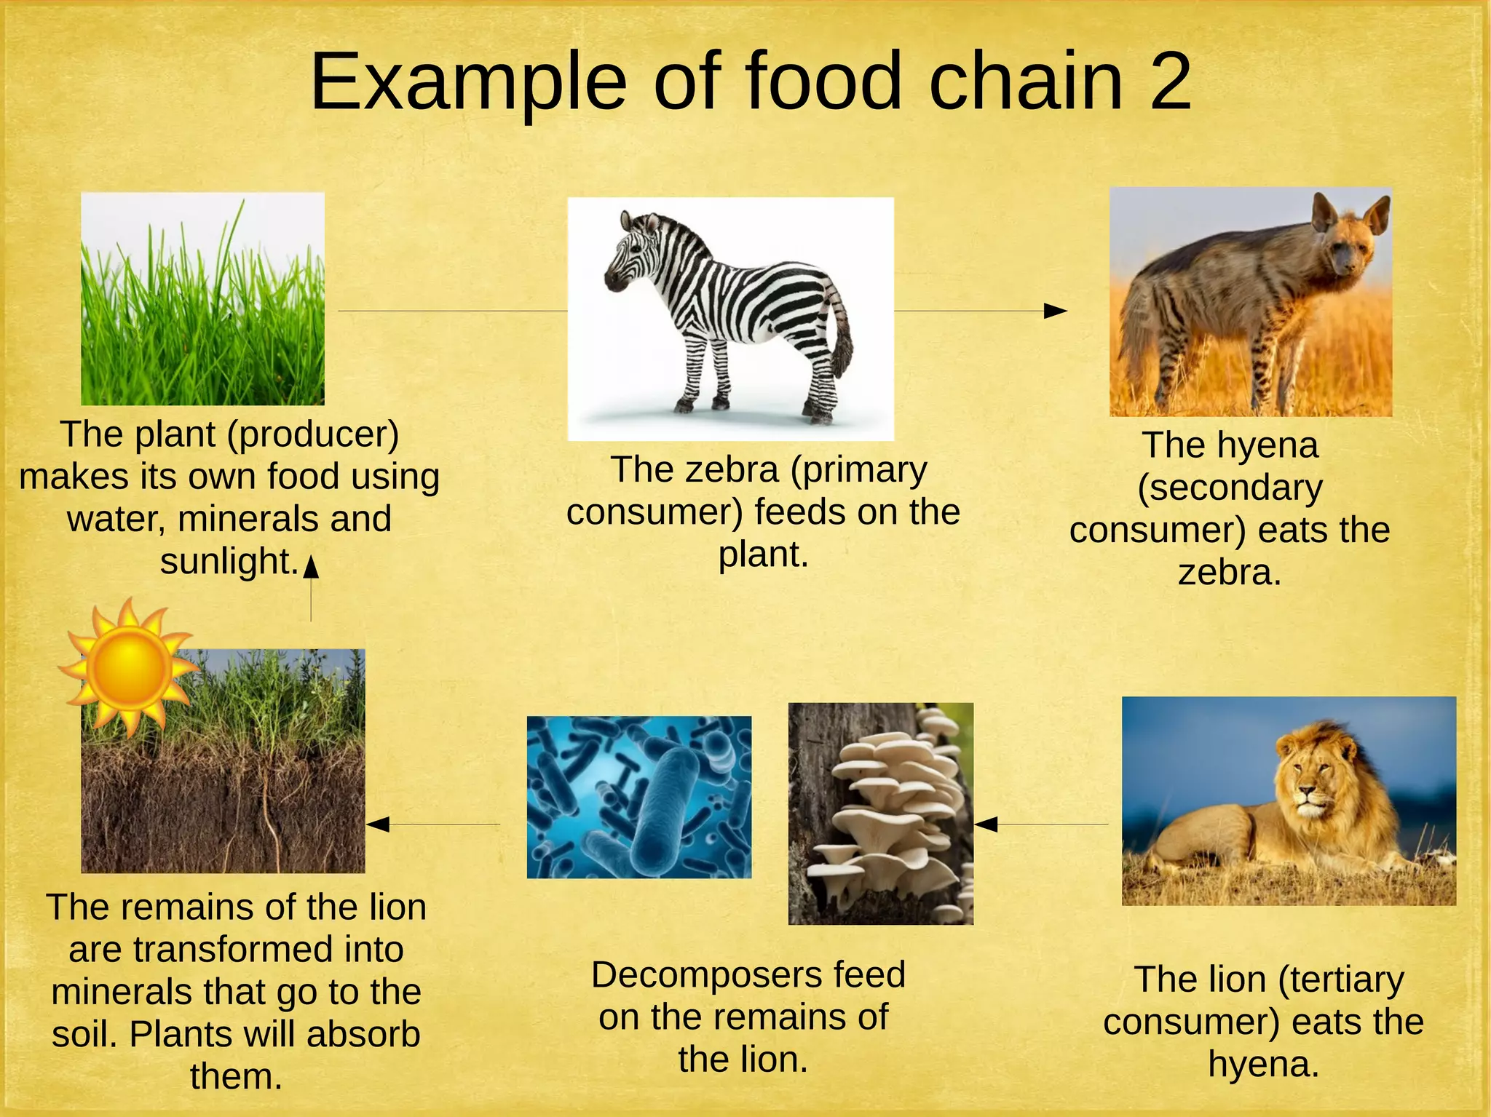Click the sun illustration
[x=128, y=666]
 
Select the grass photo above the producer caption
[x=202, y=299]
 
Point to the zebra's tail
[x=842, y=331]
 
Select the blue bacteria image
[x=638, y=797]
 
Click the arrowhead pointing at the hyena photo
[x=1056, y=311]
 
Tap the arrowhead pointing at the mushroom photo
[x=986, y=824]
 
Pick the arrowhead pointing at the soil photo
[x=378, y=824]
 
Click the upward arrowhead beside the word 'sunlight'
[x=311, y=566]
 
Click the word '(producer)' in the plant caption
[x=313, y=435]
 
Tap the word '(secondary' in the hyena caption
[x=1230, y=488]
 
